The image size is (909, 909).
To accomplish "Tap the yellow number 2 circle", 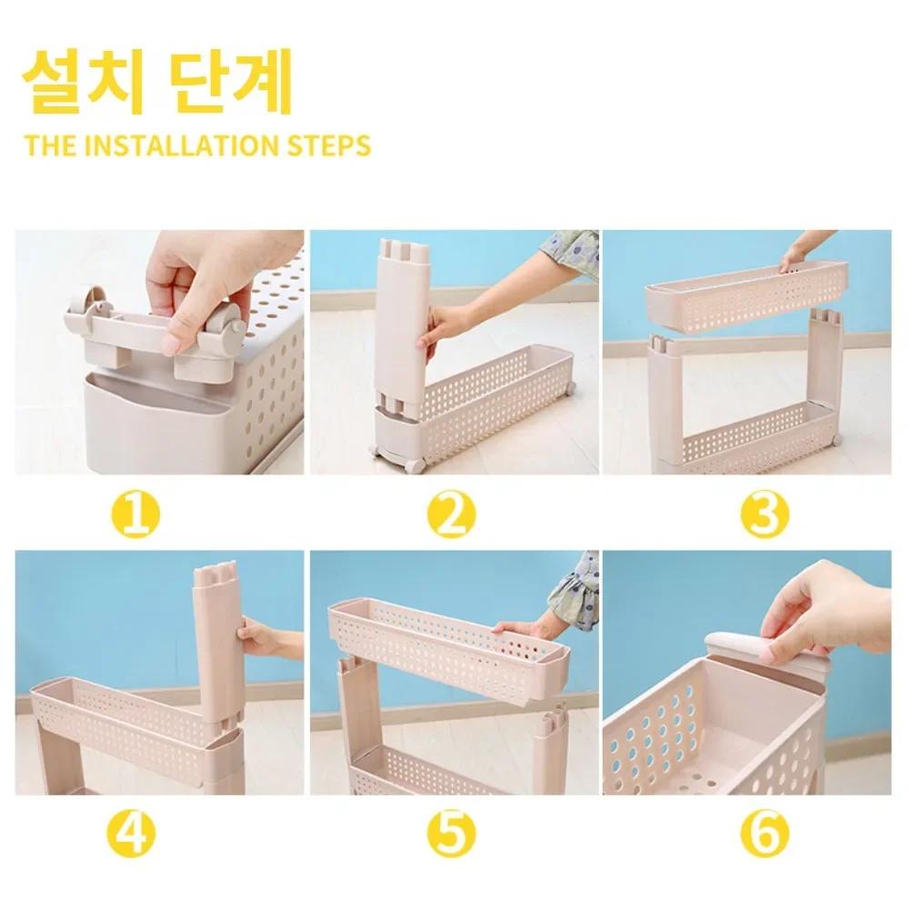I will [x=452, y=514].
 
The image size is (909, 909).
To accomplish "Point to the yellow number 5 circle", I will [x=452, y=834].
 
